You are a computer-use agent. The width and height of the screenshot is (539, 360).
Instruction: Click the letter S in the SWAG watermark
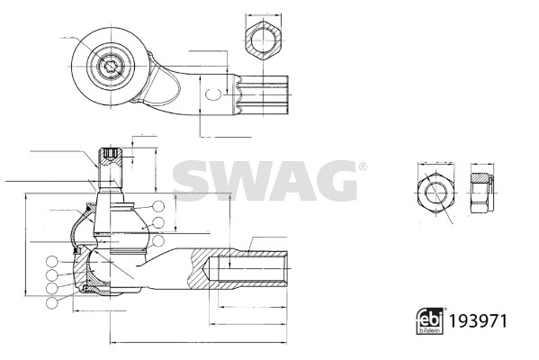pos(191,179)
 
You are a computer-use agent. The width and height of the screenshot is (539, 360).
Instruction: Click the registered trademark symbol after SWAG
pos(363,166)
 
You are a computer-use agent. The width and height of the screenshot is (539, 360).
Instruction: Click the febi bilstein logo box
pos(428,319)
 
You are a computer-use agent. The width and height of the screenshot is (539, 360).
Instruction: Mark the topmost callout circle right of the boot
pos(157,205)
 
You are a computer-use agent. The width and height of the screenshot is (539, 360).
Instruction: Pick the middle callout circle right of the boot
pos(157,222)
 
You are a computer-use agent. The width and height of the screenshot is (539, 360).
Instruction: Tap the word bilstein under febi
pos(428,328)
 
